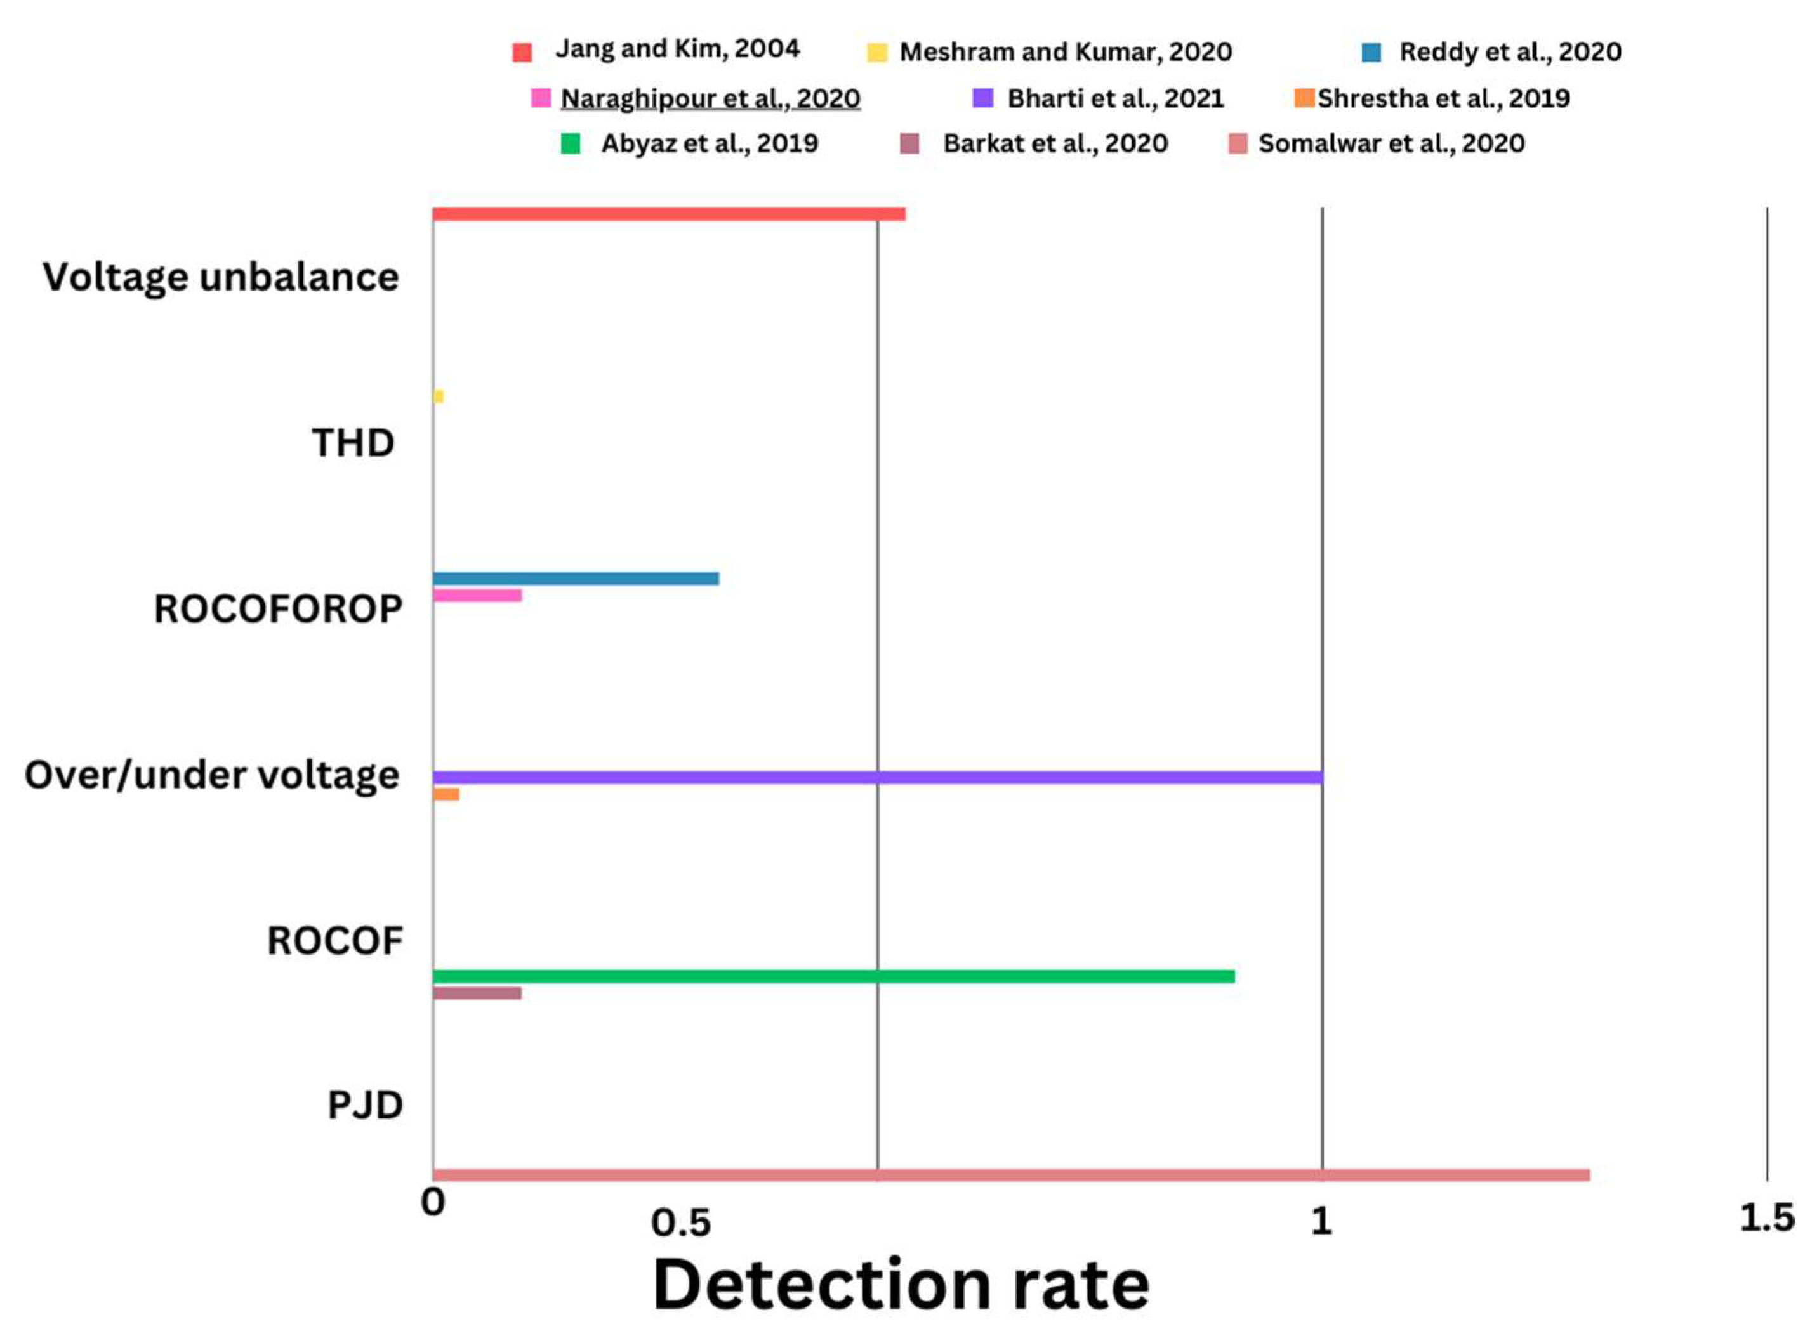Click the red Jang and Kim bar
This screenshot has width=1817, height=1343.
tap(668, 214)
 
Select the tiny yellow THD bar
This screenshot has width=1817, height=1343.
tap(439, 396)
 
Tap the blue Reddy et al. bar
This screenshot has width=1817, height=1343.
tap(576, 579)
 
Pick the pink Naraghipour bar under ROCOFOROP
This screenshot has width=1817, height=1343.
tap(477, 596)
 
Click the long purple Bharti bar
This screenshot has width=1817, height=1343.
tap(878, 778)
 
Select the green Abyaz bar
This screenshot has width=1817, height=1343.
tap(834, 976)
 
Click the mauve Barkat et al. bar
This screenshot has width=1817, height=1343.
tap(477, 993)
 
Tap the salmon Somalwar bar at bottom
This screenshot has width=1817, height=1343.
tap(1011, 1176)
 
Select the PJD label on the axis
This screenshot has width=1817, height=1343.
tap(365, 1106)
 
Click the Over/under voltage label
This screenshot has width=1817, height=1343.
tap(211, 775)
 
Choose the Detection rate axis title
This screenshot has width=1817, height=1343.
tap(901, 1286)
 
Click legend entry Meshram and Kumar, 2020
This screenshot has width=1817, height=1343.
tap(1066, 52)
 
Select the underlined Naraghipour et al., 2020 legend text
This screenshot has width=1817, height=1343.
tap(710, 98)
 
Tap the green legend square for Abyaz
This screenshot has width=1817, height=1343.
tap(571, 145)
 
